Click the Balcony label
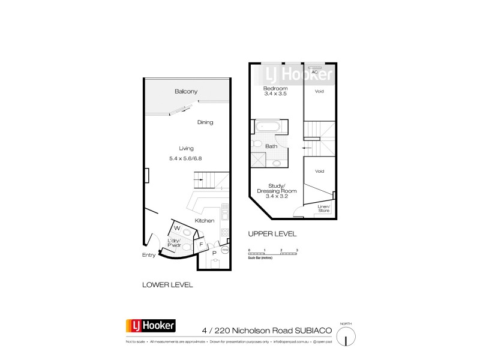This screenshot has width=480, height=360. pyautogui.click(x=186, y=92)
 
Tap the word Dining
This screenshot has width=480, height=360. pyautogui.click(x=205, y=122)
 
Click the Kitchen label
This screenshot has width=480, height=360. pyautogui.click(x=204, y=221)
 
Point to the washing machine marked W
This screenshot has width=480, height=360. pyautogui.click(x=177, y=229)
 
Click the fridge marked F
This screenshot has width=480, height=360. pyautogui.click(x=201, y=244)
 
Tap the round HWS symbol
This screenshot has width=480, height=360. pyautogui.click(x=226, y=250)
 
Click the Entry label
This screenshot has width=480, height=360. pyautogui.click(x=149, y=255)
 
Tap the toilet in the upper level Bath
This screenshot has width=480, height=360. pyautogui.click(x=256, y=144)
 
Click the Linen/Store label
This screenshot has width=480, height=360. pyautogui.click(x=324, y=208)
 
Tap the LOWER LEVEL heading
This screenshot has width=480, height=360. pyautogui.click(x=168, y=285)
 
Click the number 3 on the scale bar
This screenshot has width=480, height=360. pyautogui.click(x=297, y=248)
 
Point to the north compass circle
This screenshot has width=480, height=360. pyautogui.click(x=346, y=337)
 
